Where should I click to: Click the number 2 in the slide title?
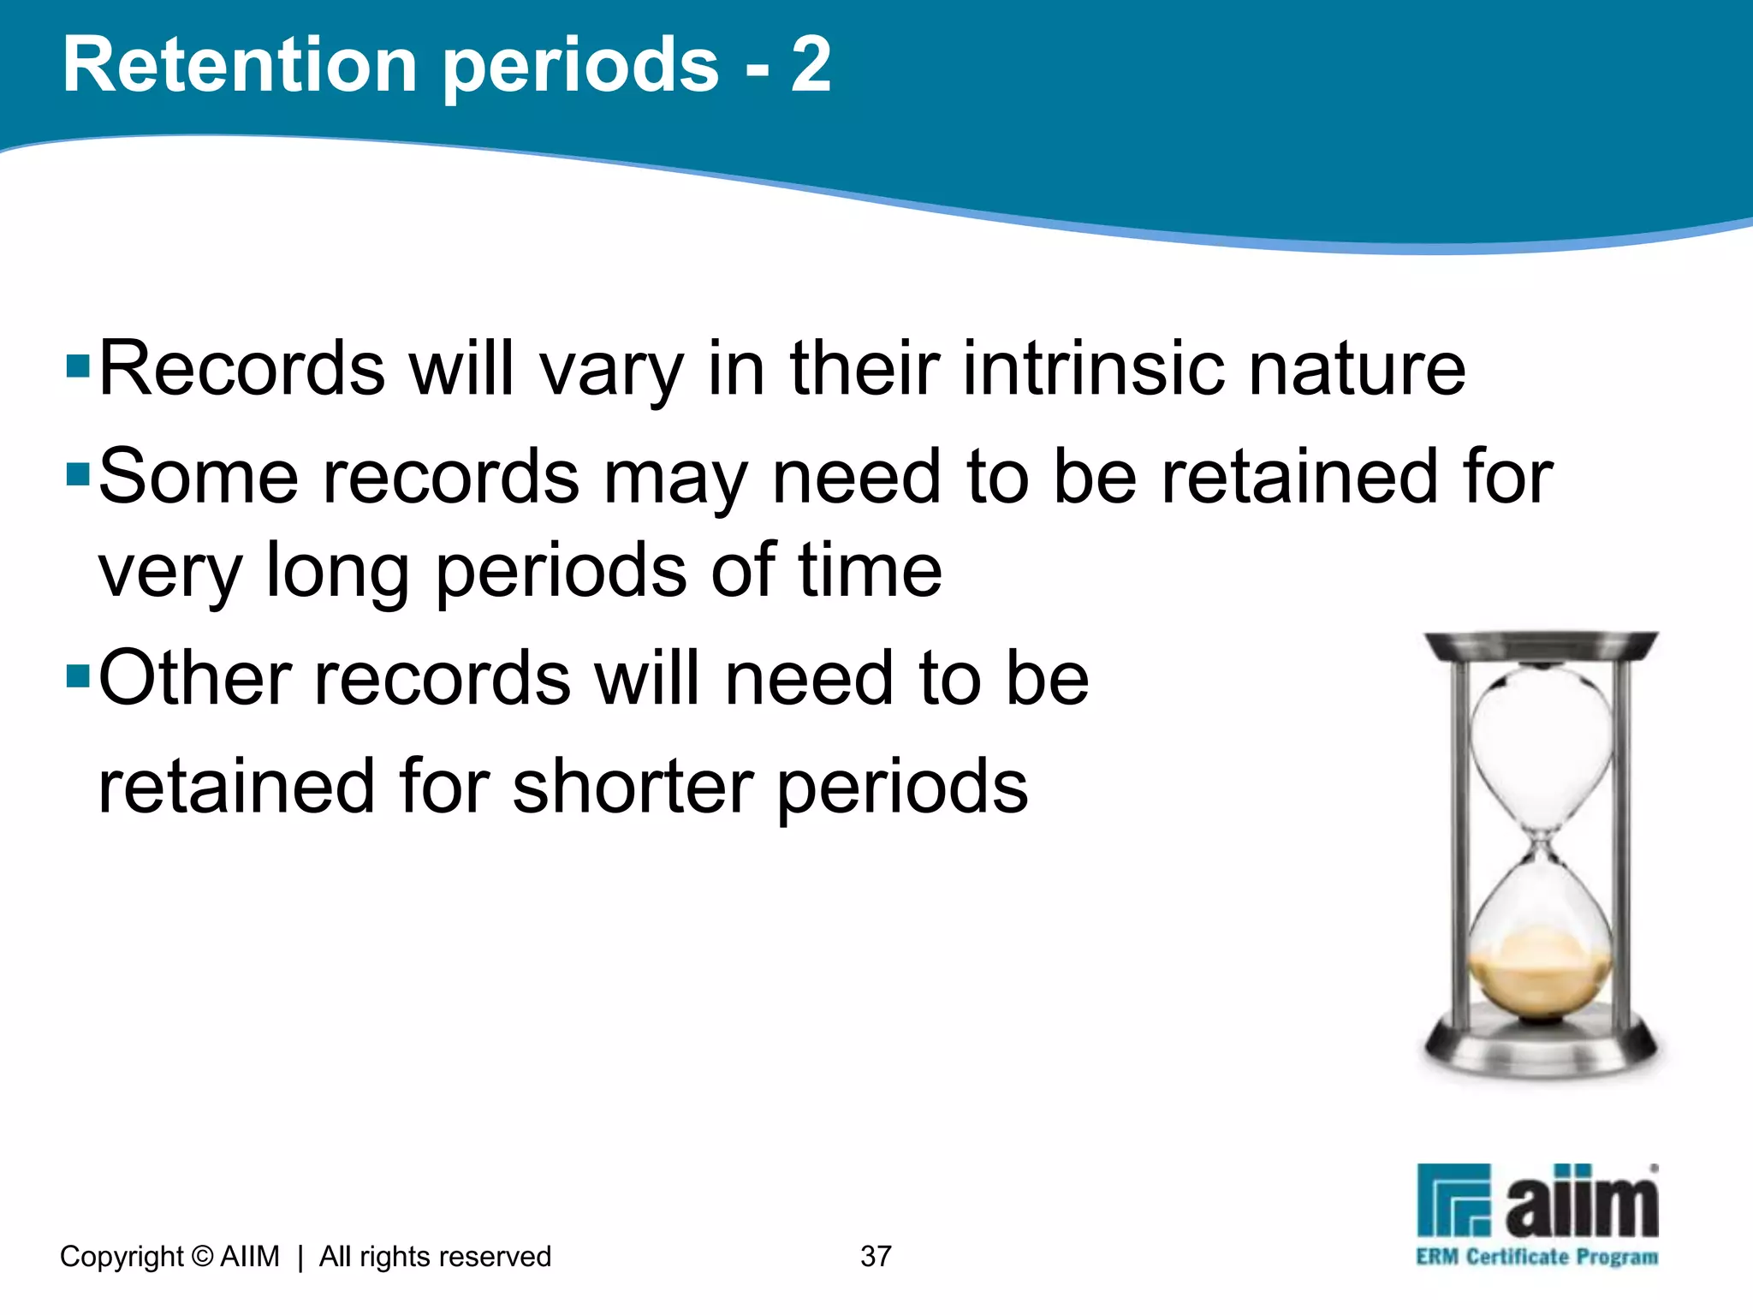click(x=810, y=66)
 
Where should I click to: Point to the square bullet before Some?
click(x=78, y=474)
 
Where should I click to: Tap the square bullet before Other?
click(x=78, y=676)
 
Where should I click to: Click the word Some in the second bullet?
click(x=199, y=477)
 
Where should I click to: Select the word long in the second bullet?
click(x=337, y=572)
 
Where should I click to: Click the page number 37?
click(x=876, y=1256)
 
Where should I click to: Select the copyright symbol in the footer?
click(x=203, y=1256)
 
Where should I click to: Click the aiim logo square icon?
click(x=1453, y=1199)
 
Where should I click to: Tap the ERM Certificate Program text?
click(x=1536, y=1257)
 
